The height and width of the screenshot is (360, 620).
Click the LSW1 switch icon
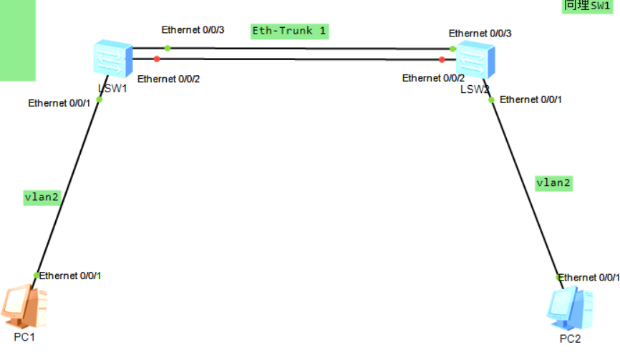[x=113, y=59]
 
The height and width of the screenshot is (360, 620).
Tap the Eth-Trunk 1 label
[x=289, y=31]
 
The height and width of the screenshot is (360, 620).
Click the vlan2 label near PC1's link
[x=42, y=198]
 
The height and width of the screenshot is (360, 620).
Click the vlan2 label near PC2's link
[x=554, y=183]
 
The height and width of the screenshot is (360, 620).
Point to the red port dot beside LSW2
[x=442, y=60]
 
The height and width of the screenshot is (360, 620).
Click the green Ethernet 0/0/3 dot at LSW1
[x=167, y=48]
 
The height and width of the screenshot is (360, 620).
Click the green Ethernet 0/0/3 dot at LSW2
[x=452, y=49]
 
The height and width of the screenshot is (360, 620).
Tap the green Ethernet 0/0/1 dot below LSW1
[x=100, y=99]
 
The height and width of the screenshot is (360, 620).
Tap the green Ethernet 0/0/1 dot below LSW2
[x=491, y=99]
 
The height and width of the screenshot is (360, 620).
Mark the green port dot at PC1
[x=37, y=276]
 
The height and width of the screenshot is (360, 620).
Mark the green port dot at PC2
[x=558, y=277]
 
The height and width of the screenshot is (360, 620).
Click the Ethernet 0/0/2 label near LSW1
[x=168, y=78]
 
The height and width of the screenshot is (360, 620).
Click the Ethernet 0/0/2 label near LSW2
[x=433, y=78]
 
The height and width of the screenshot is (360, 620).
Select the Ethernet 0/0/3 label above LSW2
[x=480, y=34]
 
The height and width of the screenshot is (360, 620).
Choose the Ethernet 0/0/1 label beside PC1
[x=70, y=276]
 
